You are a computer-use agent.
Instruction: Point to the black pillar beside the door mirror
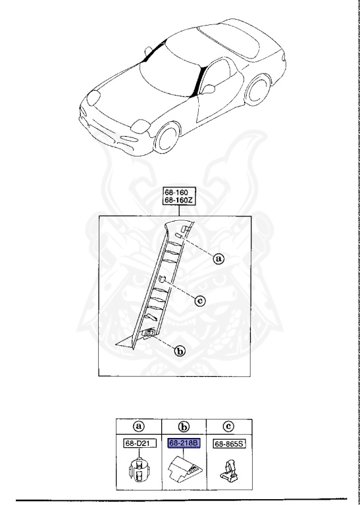click(199, 81)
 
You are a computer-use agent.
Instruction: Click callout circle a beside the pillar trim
click(219, 258)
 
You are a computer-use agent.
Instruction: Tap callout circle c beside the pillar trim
click(200, 301)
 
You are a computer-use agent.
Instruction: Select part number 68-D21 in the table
click(138, 443)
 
